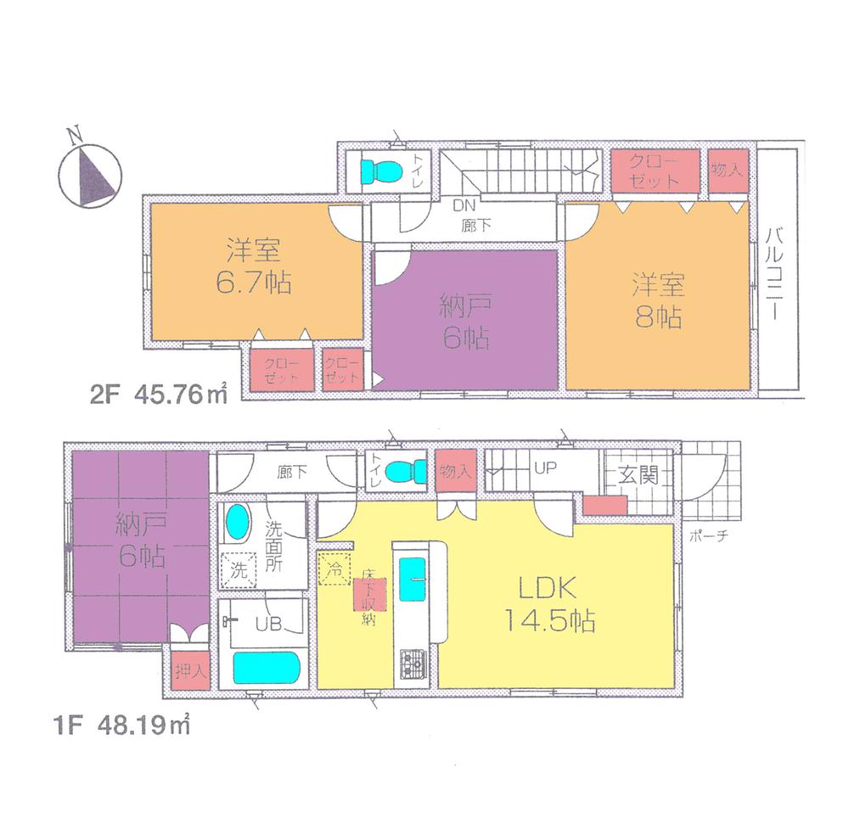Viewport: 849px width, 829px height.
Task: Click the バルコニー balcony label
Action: (x=776, y=272)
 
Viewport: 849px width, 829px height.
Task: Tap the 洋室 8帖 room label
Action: (x=656, y=300)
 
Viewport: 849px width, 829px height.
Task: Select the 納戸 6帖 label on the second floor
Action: (x=464, y=322)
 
